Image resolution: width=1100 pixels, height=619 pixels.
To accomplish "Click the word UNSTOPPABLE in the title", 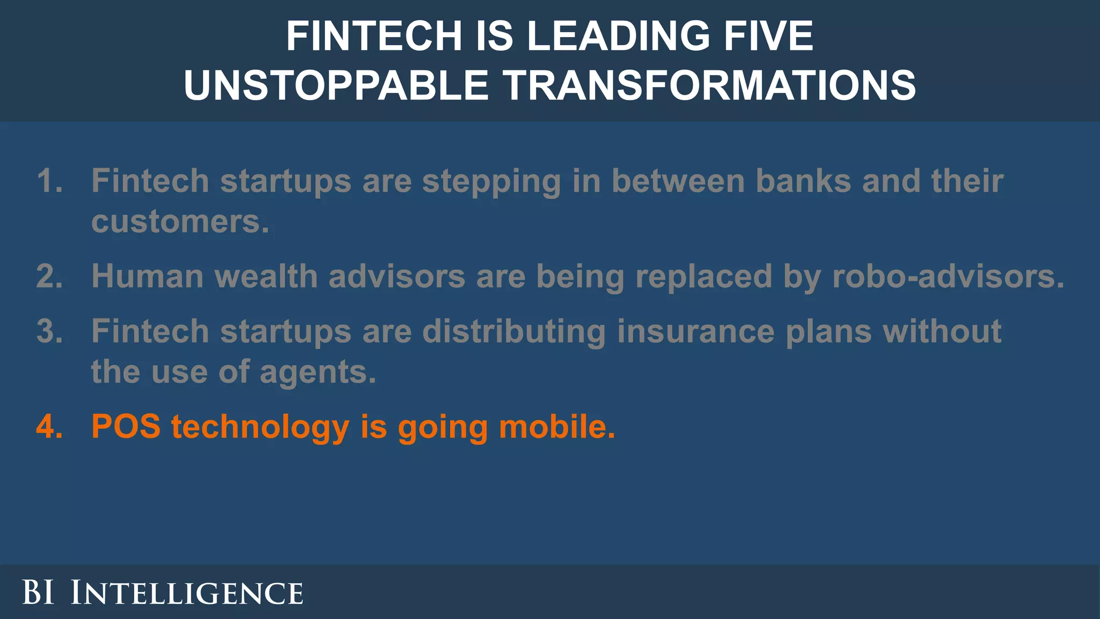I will click(x=336, y=85).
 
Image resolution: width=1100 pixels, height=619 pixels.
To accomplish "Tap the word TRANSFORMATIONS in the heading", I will click(x=709, y=85).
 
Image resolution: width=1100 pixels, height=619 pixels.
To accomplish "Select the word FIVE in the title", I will click(x=762, y=36).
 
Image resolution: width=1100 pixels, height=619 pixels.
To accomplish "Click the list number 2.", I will click(x=49, y=276).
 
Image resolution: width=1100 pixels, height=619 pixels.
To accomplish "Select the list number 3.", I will click(x=49, y=331).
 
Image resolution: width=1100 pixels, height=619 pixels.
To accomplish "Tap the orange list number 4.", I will click(x=49, y=427).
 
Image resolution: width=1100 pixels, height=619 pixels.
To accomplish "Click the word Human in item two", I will click(x=147, y=276).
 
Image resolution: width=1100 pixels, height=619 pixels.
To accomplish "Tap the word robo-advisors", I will click(x=948, y=276).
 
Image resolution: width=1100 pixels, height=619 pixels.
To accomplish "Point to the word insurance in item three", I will click(x=696, y=331).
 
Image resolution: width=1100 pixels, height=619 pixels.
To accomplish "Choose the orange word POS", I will click(x=126, y=427).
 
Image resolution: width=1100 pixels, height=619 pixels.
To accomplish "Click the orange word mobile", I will click(x=556, y=427).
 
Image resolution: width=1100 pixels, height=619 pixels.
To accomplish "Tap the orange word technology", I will click(x=260, y=428).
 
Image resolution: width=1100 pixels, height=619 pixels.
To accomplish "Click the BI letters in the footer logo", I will click(x=38, y=593).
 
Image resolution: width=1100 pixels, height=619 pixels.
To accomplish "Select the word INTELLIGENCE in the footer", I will click(x=187, y=593).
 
